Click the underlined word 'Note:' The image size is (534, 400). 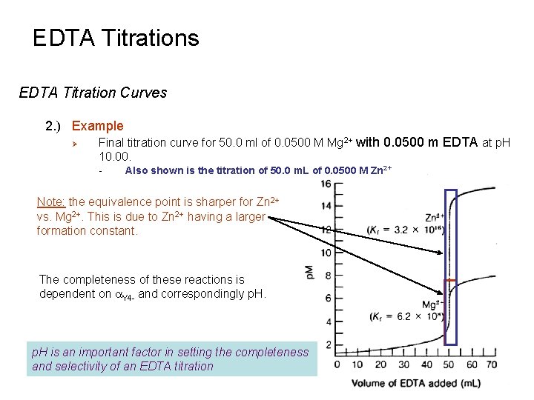(51, 201)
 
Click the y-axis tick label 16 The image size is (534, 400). (326, 184)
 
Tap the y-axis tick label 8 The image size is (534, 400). (329, 276)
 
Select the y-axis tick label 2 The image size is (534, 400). (329, 345)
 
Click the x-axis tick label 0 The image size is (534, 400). (337, 364)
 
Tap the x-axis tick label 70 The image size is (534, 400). (490, 364)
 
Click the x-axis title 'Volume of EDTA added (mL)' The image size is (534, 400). (415, 383)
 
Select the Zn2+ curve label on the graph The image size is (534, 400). (434, 218)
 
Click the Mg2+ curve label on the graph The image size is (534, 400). (432, 304)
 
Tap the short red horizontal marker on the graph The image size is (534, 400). (450, 281)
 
